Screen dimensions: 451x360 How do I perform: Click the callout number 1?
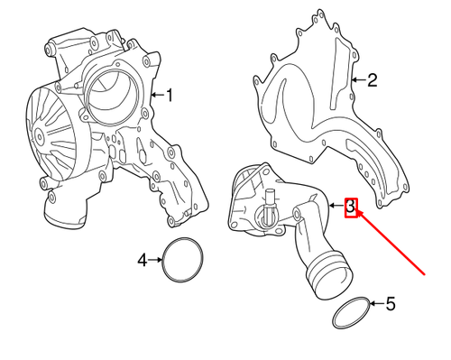pos(168,93)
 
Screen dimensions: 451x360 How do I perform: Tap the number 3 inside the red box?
pos(352,207)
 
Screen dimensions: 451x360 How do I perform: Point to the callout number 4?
pos(142,261)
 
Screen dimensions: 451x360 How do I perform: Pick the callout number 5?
pos(390,304)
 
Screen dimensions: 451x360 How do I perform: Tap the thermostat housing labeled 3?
pos(271,203)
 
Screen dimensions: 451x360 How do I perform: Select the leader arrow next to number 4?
pos(154,261)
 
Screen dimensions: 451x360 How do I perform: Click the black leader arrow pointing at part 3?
pos(335,207)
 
